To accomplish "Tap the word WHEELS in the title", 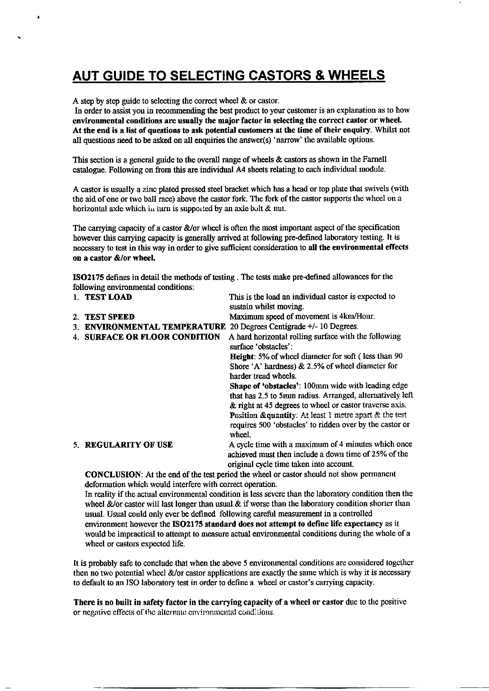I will pos(356,75).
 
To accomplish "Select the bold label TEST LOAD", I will pos(108,297).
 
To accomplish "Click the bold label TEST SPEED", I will pos(110,317).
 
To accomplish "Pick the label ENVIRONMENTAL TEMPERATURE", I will pos(155,327).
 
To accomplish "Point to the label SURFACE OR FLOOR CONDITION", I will pos(152,337).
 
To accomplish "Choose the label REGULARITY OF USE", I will pos(129,445).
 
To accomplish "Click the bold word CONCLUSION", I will pos(114,474).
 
